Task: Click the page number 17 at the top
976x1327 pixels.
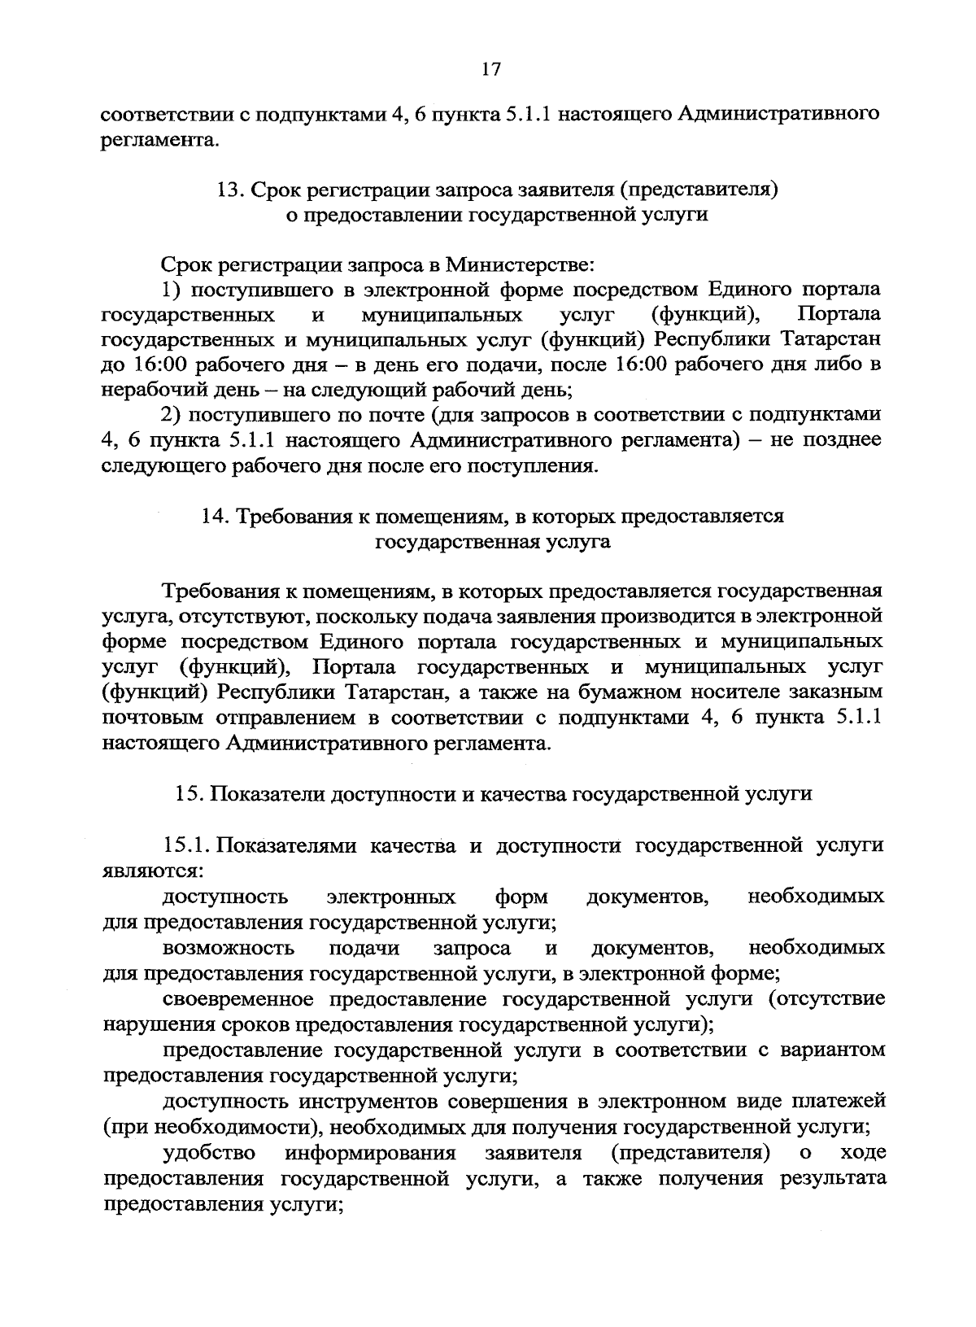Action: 489,70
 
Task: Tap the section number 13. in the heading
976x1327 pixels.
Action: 230,190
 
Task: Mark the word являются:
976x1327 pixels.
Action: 153,871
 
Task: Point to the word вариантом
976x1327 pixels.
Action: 834,1050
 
